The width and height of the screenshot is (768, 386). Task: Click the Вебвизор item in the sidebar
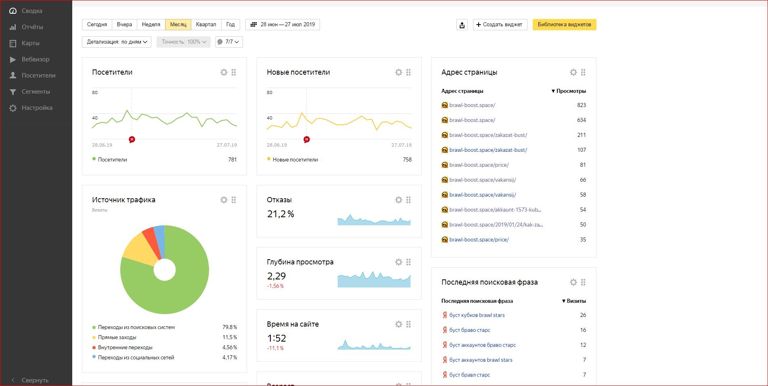point(35,59)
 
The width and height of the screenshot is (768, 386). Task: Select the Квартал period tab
point(206,25)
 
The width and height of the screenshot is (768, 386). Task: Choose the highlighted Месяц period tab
point(178,25)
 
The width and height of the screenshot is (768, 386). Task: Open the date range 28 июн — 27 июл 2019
point(283,25)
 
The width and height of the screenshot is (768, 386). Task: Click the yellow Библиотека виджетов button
point(564,25)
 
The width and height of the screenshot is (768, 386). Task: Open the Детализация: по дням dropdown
point(117,42)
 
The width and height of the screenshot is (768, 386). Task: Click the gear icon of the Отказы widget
point(399,200)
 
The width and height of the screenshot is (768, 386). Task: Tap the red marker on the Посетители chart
point(132,139)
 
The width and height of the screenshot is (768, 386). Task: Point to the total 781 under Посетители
point(232,159)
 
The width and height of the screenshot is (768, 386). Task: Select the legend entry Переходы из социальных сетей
point(136,357)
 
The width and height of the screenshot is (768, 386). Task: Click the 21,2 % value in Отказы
point(280,214)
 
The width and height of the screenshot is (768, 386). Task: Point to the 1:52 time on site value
point(276,338)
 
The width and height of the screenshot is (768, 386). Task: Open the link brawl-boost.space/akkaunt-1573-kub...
point(495,210)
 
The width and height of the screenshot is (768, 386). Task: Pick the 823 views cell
point(581,105)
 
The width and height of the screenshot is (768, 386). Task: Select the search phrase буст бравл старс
point(470,375)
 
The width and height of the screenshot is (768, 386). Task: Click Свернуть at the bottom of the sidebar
point(35,380)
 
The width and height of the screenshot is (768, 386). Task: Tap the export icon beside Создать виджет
point(462,25)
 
